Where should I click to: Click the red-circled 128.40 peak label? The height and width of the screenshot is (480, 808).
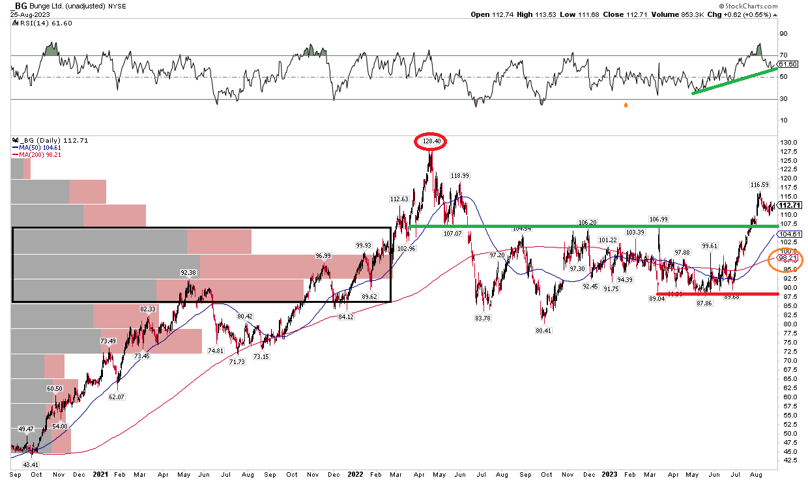pyautogui.click(x=430, y=141)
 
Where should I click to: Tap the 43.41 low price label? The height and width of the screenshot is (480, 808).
pyautogui.click(x=31, y=464)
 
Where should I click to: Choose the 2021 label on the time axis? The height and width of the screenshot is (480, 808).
pyautogui.click(x=101, y=475)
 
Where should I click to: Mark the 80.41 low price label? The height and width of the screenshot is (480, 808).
pyautogui.click(x=542, y=331)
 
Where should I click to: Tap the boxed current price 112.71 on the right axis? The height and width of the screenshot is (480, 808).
pyautogui.click(x=790, y=205)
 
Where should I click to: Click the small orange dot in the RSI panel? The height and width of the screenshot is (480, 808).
pyautogui.click(x=626, y=105)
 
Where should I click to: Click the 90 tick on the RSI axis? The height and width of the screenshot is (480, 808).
pyautogui.click(x=785, y=33)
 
